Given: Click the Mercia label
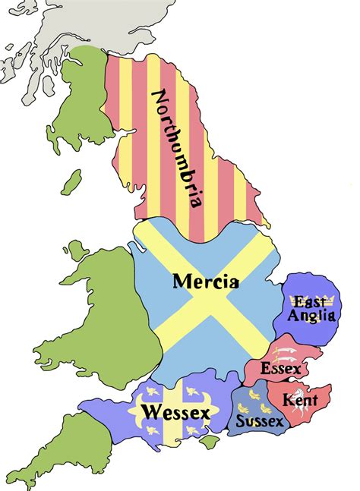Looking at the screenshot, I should click(x=206, y=282).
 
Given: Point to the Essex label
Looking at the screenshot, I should click(x=280, y=369).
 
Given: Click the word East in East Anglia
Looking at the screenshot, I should click(x=311, y=302).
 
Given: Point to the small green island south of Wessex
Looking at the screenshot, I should click(x=214, y=439).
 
